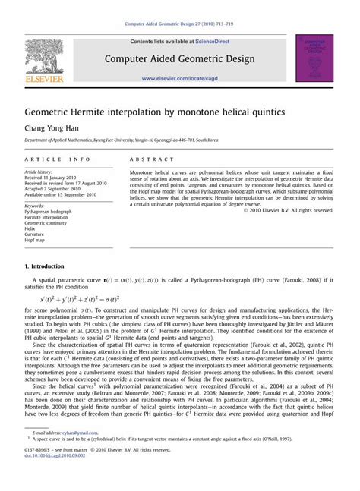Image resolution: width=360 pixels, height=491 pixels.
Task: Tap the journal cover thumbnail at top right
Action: point(314,57)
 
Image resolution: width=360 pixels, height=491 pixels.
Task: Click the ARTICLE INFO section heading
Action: point(57,160)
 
